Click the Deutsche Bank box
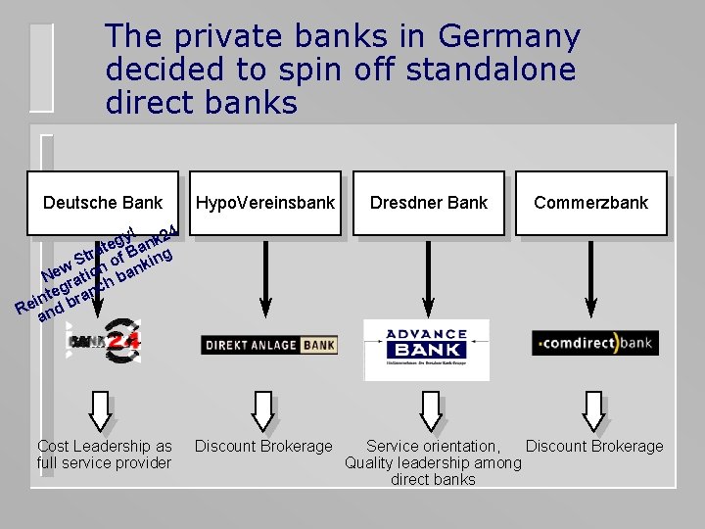coord(103,203)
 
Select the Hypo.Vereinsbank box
coord(265,203)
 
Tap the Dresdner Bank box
coord(429,203)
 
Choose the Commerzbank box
coord(591,203)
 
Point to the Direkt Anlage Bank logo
coord(268,345)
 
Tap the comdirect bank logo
coord(594,343)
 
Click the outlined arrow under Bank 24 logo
coord(102,410)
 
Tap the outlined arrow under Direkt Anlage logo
coord(262,410)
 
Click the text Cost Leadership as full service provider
coord(104,455)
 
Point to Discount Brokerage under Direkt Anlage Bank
coord(263,447)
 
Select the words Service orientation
coord(433,447)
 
